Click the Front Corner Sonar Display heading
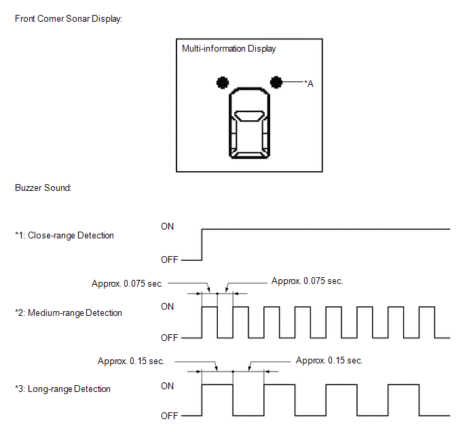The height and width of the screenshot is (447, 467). point(69,19)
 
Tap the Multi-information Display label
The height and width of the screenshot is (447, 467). point(229,49)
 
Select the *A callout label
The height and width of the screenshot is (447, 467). point(309,84)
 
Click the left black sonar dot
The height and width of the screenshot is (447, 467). point(223,83)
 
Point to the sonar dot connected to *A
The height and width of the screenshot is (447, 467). point(276,82)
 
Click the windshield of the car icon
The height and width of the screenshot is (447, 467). point(249,115)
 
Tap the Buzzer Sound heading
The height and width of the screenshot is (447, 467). point(43,187)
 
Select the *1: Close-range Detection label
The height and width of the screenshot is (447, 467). point(64,236)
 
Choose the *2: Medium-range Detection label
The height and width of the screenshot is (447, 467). point(69,313)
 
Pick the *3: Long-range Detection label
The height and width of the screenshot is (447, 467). point(62,389)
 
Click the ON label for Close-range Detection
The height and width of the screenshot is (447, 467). point(167,226)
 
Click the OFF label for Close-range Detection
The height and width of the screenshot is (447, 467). point(170,260)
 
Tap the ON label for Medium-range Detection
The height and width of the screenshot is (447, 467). point(167,306)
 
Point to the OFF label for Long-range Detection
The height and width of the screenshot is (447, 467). point(170,416)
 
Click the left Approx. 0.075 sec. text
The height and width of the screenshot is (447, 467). point(127,283)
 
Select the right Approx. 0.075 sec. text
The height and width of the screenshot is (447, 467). point(307,281)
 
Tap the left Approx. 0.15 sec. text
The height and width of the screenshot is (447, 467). point(131,361)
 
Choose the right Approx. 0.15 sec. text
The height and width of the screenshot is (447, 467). point(329,361)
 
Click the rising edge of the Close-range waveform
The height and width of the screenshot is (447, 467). point(202,245)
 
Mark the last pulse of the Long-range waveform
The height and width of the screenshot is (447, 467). point(404,385)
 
